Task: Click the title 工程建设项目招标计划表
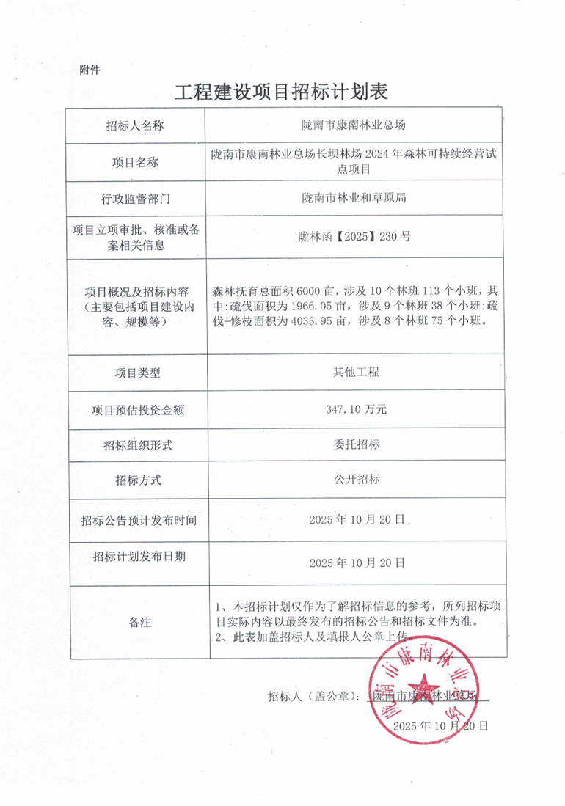(282, 92)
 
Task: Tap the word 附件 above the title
(89, 70)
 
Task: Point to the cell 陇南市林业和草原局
(355, 198)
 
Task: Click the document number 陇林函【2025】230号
(355, 237)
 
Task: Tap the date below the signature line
(440, 725)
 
